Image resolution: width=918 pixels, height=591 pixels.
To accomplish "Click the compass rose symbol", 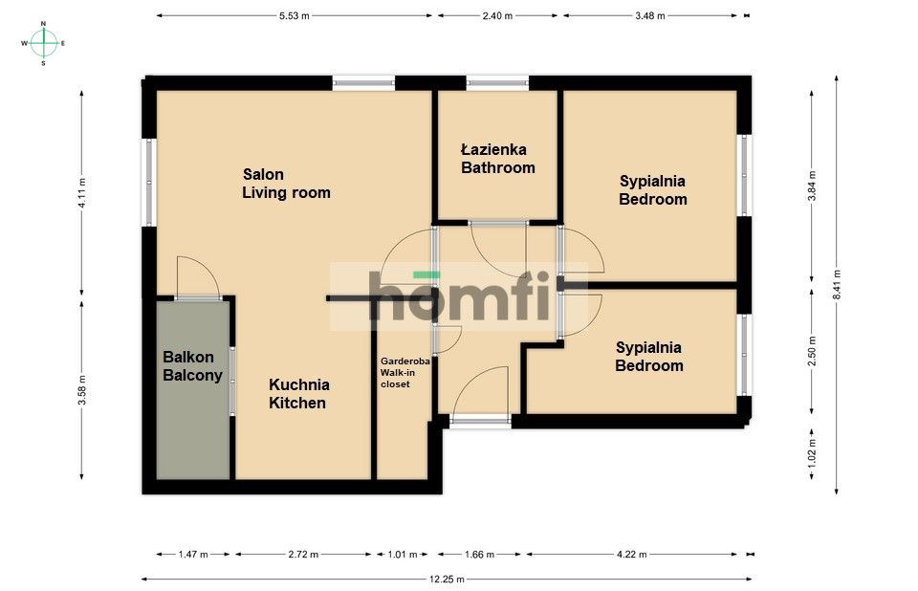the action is pyautogui.click(x=43, y=43).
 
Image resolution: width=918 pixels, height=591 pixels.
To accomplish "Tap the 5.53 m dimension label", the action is pyautogui.click(x=294, y=16).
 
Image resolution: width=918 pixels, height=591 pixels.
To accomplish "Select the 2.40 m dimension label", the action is pyautogui.click(x=497, y=16).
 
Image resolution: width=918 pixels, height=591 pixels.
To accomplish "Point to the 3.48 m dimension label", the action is pyautogui.click(x=650, y=16).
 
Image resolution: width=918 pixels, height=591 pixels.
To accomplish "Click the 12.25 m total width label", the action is pyautogui.click(x=447, y=580).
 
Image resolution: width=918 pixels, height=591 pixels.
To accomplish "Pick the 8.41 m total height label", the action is pyautogui.click(x=837, y=285).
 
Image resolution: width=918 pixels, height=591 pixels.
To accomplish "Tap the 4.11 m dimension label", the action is pyautogui.click(x=82, y=193).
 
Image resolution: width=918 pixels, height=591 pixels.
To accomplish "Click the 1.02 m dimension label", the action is pyautogui.click(x=812, y=452).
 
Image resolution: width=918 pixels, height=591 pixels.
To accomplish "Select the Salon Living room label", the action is pyautogui.click(x=286, y=184).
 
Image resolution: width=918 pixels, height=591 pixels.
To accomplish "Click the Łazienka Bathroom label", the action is pyautogui.click(x=497, y=159).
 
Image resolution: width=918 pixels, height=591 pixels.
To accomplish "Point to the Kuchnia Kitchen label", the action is pyautogui.click(x=298, y=394).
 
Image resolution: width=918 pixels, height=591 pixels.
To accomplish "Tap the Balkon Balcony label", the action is pyautogui.click(x=192, y=366).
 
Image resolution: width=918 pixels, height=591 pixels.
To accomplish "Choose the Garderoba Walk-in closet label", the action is pyautogui.click(x=405, y=373).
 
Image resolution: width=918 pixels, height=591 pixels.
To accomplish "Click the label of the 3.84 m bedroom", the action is pyautogui.click(x=653, y=189).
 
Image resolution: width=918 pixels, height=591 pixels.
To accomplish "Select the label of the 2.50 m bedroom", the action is pyautogui.click(x=649, y=357).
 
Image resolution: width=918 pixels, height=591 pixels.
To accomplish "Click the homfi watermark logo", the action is pyautogui.click(x=458, y=296).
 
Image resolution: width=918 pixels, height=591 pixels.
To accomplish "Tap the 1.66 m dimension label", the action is pyautogui.click(x=479, y=554).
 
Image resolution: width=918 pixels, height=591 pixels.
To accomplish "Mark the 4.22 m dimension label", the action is pyautogui.click(x=632, y=554).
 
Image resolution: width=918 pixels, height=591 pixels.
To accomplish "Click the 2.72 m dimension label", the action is pyautogui.click(x=303, y=554).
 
